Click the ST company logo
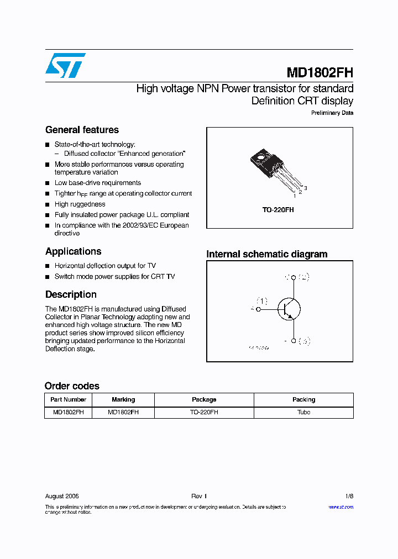click(x=65, y=65)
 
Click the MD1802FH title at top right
click(x=320, y=73)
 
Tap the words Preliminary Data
click(x=332, y=113)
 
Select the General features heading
click(x=82, y=130)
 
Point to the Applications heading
click(x=73, y=251)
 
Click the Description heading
click(x=71, y=294)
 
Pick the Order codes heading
click(x=72, y=386)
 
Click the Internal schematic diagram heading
click(x=266, y=254)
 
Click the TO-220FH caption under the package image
click(x=279, y=210)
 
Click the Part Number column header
click(x=68, y=399)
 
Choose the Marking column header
click(x=123, y=399)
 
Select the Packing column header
click(x=303, y=399)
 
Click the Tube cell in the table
click(x=303, y=412)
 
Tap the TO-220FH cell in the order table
click(x=204, y=412)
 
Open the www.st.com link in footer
click(x=341, y=507)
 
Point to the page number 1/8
click(x=348, y=496)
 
